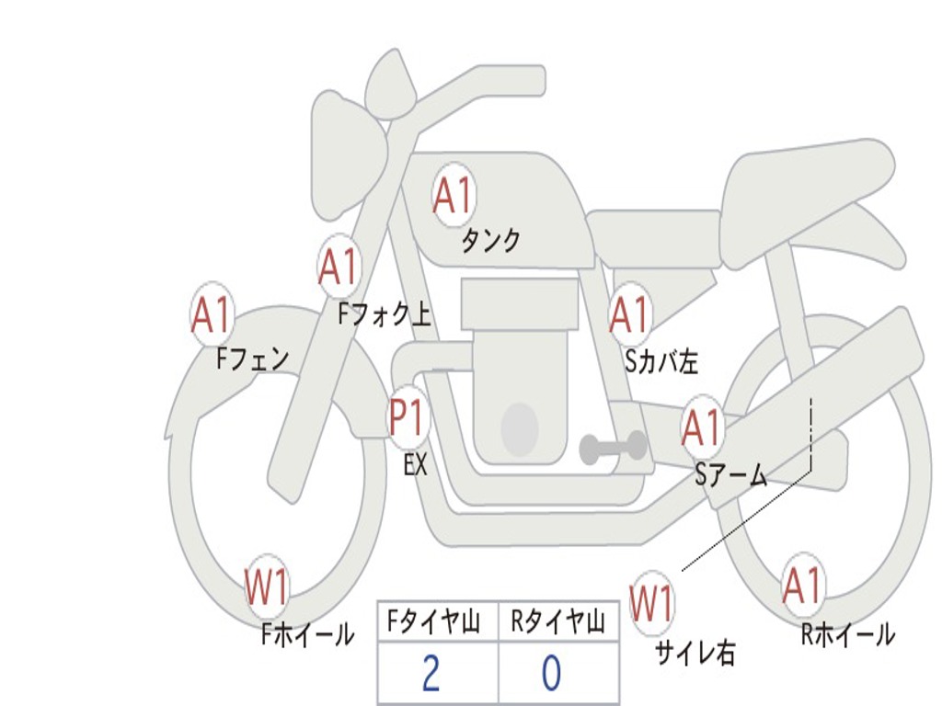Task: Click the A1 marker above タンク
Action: tap(453, 195)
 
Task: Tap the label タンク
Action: tap(490, 241)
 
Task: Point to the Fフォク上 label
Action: tap(384, 315)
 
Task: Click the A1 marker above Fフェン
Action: tap(212, 315)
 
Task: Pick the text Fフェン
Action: tap(252, 359)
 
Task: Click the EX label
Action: tap(416, 465)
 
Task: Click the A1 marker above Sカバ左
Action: tap(630, 314)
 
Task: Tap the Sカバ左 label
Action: tap(661, 362)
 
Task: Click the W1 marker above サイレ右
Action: tap(651, 604)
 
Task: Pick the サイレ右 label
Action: tap(695, 653)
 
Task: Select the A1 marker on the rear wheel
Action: tap(802, 586)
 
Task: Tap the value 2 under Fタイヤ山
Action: tap(431, 674)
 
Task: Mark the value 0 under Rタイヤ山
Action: tap(551, 674)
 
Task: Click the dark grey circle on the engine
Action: tap(519, 428)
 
